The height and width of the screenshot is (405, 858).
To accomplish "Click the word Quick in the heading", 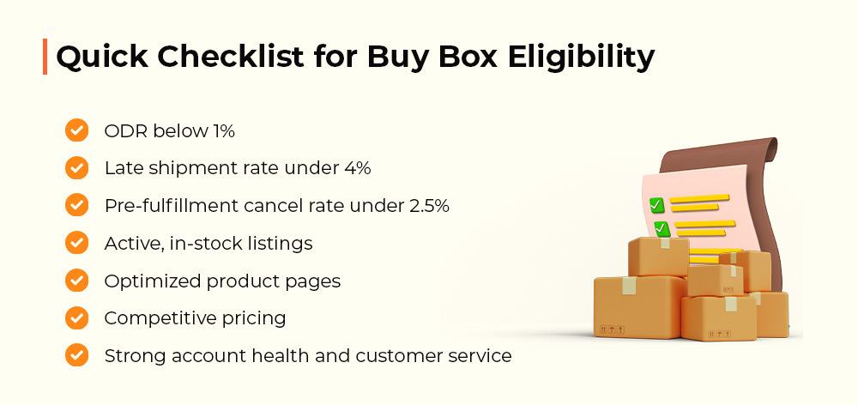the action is click(x=101, y=57).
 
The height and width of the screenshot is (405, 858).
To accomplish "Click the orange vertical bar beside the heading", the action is click(x=45, y=57).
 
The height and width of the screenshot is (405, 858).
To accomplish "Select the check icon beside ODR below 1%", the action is click(x=76, y=130).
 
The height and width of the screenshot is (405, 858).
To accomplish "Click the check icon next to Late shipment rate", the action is click(x=76, y=168).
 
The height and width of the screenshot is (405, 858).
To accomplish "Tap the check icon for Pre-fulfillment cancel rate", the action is click(x=76, y=205).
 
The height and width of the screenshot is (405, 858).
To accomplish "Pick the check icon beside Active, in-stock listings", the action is click(x=76, y=243).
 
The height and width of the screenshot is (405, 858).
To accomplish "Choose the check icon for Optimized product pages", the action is click(x=76, y=281).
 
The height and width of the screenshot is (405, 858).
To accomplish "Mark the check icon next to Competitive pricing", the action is click(x=76, y=317).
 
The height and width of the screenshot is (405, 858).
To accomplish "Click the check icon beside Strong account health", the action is click(x=76, y=355).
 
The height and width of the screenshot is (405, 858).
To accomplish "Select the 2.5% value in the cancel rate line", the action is click(x=429, y=206).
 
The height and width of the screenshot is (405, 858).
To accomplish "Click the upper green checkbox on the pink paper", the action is click(x=656, y=205).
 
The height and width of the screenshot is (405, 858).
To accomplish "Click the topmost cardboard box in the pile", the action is click(x=658, y=257).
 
